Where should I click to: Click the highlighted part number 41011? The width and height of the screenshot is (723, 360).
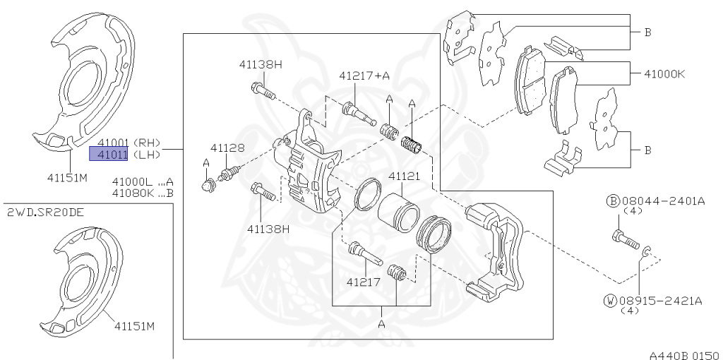click(x=108, y=154)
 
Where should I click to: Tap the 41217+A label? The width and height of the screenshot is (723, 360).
click(x=364, y=76)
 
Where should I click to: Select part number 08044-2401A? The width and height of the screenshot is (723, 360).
click(x=662, y=200)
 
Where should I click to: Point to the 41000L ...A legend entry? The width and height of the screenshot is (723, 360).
click(x=143, y=181)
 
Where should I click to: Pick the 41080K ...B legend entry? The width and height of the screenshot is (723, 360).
click(x=143, y=193)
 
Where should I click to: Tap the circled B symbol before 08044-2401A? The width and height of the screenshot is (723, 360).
click(x=612, y=200)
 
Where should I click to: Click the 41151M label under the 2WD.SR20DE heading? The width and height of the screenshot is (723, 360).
click(x=135, y=326)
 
